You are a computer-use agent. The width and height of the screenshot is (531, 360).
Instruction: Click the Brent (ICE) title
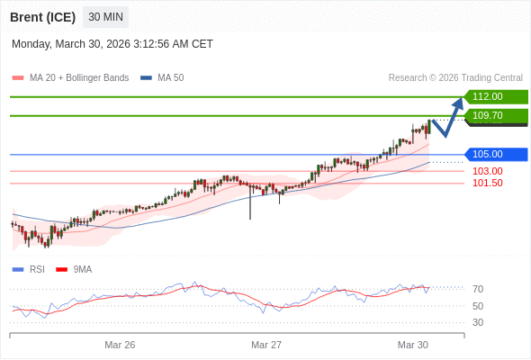click(43, 17)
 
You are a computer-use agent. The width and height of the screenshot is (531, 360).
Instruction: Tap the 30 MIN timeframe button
click(105, 17)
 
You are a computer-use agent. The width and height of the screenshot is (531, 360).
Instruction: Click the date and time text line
click(112, 44)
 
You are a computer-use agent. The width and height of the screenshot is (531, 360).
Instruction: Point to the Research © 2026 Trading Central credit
click(455, 78)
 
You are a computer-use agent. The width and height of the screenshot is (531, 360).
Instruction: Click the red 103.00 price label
click(487, 171)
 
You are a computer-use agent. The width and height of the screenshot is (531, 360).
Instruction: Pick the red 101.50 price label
click(487, 183)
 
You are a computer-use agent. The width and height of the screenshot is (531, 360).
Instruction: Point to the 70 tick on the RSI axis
click(478, 289)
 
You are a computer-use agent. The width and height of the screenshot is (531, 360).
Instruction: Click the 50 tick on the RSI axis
click(478, 306)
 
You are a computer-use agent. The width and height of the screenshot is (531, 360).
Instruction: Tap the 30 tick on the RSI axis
click(478, 322)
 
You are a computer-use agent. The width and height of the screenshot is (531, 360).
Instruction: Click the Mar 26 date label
click(120, 345)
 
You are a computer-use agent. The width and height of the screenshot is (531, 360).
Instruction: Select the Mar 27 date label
click(266, 345)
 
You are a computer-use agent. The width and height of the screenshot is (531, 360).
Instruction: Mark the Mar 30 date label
click(413, 345)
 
